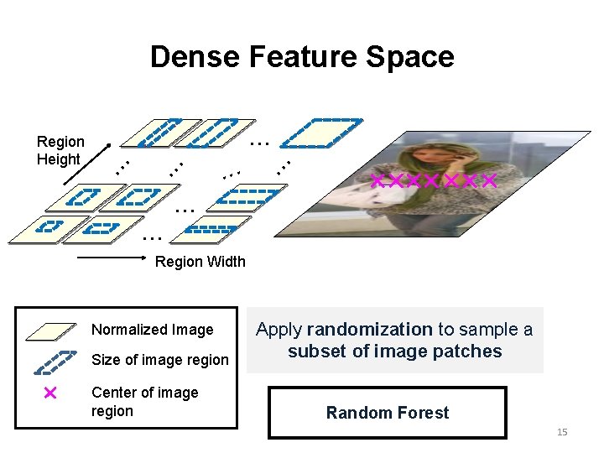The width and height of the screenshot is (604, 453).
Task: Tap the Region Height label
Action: point(60,150)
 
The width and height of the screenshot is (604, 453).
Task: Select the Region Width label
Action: point(200,261)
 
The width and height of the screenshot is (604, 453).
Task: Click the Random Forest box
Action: point(388,412)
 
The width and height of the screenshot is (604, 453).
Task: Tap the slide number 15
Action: point(562,432)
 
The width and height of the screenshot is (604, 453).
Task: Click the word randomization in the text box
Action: point(369,329)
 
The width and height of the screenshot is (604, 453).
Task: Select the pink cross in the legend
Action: point(49,393)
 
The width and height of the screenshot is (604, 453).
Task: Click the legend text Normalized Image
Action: point(153,330)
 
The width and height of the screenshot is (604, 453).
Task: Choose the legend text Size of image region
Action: point(159,360)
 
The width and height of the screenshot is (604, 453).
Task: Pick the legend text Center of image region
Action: point(144,401)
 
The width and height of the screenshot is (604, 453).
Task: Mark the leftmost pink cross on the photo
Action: point(377,180)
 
